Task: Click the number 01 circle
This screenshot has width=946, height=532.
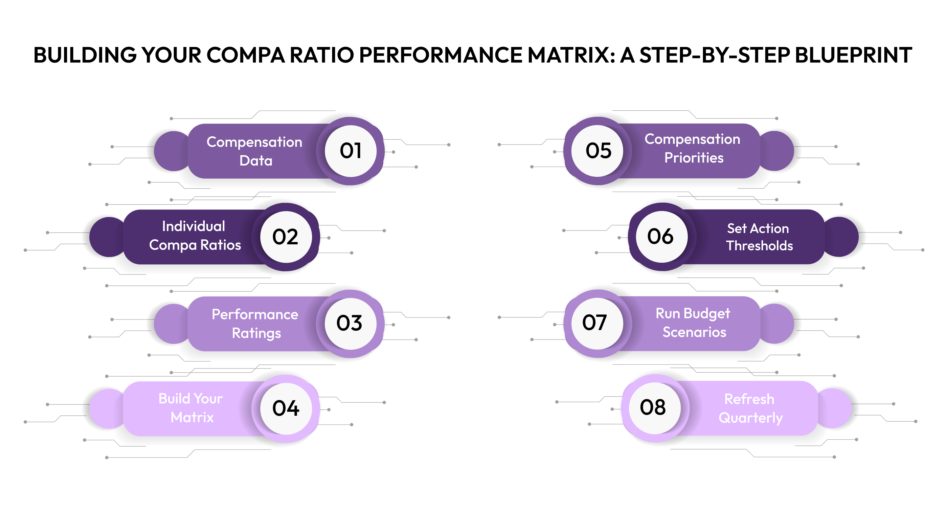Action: coord(350,151)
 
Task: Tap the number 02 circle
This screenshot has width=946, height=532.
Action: coord(286,237)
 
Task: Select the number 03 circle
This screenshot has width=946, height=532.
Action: coord(350,323)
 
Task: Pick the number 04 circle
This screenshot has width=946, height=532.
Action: coord(286,409)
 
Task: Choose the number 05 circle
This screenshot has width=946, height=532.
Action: coord(598,150)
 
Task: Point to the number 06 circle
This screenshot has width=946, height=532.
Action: coord(662,236)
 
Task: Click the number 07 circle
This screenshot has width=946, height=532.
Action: coord(597,323)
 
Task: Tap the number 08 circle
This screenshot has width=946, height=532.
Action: coord(654,408)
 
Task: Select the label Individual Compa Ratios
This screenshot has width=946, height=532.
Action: coord(195,236)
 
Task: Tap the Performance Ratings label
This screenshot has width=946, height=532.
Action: coord(255,324)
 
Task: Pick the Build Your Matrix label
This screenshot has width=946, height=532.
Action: coord(191,408)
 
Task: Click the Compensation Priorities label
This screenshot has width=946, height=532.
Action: coord(693,148)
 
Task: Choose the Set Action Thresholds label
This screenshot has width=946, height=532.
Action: coord(759,237)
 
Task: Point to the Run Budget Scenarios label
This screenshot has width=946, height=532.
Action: coord(693,323)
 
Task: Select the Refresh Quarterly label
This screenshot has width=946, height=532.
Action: coord(750,408)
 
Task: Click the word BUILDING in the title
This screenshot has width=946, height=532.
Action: coord(85,55)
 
